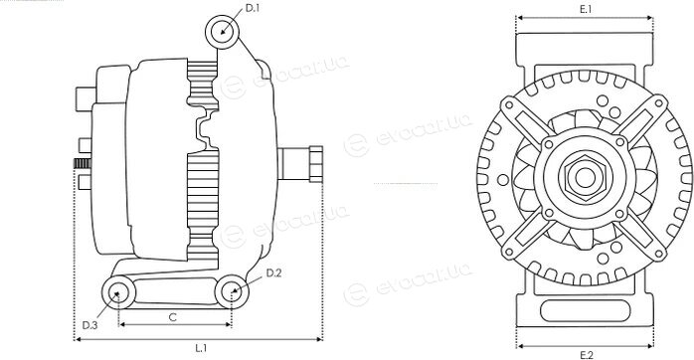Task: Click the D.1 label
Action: click(x=252, y=8)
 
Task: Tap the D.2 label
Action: click(x=273, y=273)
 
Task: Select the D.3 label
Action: click(x=89, y=325)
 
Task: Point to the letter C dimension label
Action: click(x=173, y=317)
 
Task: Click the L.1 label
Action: click(x=201, y=348)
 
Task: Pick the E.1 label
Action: click(x=586, y=9)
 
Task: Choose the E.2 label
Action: click(x=586, y=354)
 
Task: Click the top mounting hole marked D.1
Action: click(x=222, y=32)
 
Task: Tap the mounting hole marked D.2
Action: click(x=232, y=291)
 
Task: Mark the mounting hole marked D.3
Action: click(x=118, y=292)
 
